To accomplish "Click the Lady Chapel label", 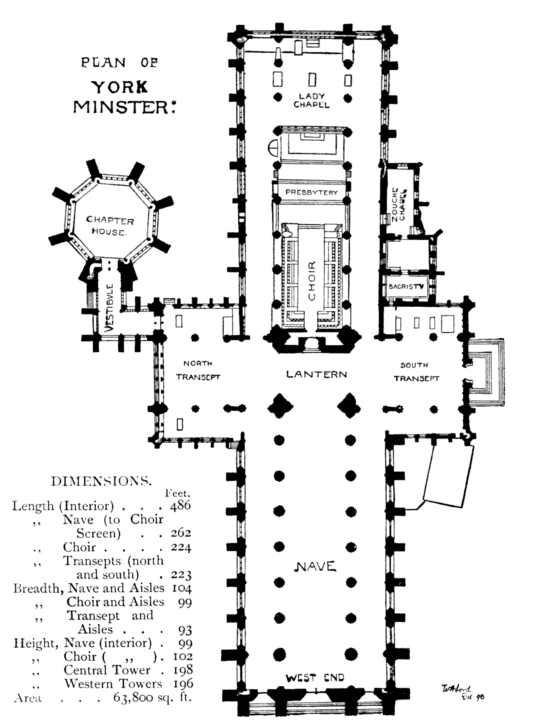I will [x=311, y=100].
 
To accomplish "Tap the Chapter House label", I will [x=109, y=226].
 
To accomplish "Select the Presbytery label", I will [x=311, y=192].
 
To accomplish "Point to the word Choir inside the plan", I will [x=312, y=281].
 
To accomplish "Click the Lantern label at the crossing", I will [x=317, y=374].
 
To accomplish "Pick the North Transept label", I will [x=198, y=370].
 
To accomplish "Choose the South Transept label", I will [x=416, y=372].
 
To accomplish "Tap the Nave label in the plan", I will [x=315, y=566].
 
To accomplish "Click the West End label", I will [x=315, y=677].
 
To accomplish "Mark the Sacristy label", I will [x=406, y=286].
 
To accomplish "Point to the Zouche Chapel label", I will [x=398, y=204].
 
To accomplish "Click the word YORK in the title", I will [x=120, y=87].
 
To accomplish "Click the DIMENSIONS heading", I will [x=101, y=481].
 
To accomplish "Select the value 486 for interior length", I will [x=180, y=506].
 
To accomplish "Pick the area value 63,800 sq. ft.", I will [x=152, y=697].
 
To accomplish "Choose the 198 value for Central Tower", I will [x=183, y=670].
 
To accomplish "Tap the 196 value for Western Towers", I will [x=183, y=684].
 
